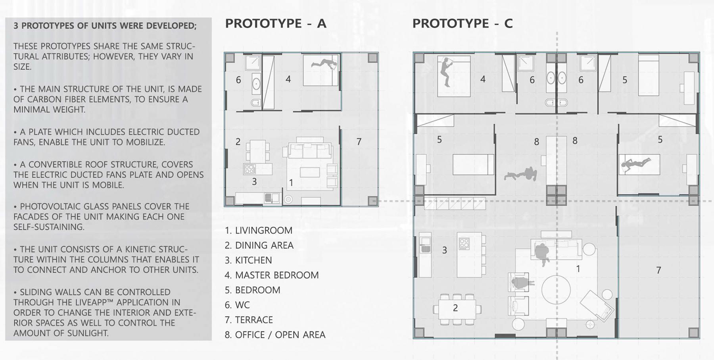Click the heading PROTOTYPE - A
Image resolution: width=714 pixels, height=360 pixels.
coord(276,23)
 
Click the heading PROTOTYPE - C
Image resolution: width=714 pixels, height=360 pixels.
coord(463,23)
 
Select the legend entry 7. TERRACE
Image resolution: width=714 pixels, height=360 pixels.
coord(249,320)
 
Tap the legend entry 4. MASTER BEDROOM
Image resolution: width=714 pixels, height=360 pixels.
coord(272,275)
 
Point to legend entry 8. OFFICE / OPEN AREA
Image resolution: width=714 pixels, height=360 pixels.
coord(275,335)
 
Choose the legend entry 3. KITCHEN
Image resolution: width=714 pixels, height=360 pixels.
coord(248,260)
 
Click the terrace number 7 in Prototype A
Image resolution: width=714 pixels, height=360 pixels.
coord(359,142)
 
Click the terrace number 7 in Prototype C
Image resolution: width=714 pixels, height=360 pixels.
coord(658,270)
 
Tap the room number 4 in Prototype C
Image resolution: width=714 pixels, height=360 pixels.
coord(483,79)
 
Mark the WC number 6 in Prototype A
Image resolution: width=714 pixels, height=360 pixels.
coord(238,80)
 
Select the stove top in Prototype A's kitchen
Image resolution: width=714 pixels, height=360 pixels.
coord(250,169)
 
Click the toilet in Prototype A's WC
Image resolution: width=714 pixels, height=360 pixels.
coord(256,103)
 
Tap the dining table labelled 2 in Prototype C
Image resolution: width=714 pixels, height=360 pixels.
coord(455,308)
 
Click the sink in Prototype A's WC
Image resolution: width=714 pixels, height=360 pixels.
coord(256,84)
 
